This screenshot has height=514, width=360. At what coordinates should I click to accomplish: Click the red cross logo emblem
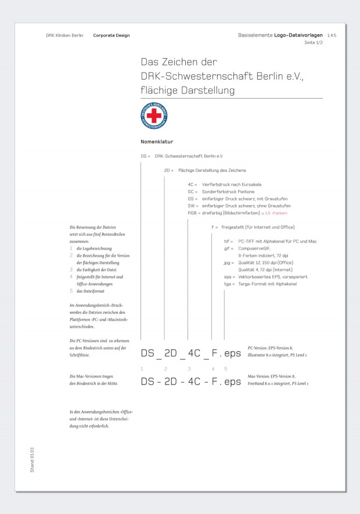pyautogui.click(x=154, y=116)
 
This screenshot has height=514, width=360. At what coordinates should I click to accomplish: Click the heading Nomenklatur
pyautogui.click(x=157, y=142)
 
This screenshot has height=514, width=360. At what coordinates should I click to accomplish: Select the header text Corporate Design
pyautogui.click(x=111, y=35)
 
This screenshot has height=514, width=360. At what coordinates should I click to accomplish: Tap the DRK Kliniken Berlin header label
pyautogui.click(x=65, y=35)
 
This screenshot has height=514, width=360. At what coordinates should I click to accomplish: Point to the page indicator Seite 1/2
pyautogui.click(x=314, y=43)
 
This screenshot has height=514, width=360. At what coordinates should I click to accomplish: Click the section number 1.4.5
pyautogui.click(x=332, y=35)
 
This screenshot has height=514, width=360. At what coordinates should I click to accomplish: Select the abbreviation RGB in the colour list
pyautogui.click(x=192, y=213)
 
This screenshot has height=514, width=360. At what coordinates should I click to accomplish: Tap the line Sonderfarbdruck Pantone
pyautogui.click(x=228, y=191)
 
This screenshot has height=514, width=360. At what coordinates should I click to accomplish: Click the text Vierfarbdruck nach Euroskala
pyautogui.click(x=232, y=184)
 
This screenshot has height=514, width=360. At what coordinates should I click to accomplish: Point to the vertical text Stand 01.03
pyautogui.click(x=33, y=459)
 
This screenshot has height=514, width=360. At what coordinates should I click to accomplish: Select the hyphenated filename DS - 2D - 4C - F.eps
pyautogui.click(x=190, y=382)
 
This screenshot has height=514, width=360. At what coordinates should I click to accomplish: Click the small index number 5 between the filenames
pyautogui.click(x=226, y=369)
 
